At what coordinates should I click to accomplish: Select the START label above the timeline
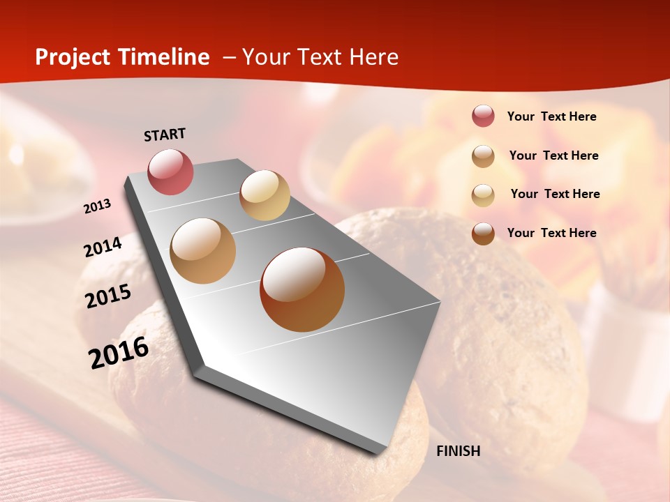pyautogui.click(x=165, y=135)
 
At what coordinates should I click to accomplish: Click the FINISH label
pyautogui.click(x=458, y=451)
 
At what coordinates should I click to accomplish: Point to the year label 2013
pyautogui.click(x=98, y=206)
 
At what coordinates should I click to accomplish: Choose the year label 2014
pyautogui.click(x=103, y=247)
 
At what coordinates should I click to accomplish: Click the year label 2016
pyautogui.click(x=119, y=353)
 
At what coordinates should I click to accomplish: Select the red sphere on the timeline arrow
pyautogui.click(x=170, y=172)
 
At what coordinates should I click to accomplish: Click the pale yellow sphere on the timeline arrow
pyautogui.click(x=265, y=195)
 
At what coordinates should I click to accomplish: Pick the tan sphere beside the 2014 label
pyautogui.click(x=203, y=251)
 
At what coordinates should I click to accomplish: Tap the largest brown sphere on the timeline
pyautogui.click(x=302, y=289)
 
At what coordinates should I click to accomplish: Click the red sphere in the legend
pyautogui.click(x=483, y=116)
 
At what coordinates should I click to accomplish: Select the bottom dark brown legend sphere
pyautogui.click(x=483, y=234)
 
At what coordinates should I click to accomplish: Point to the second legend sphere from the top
pyautogui.click(x=483, y=156)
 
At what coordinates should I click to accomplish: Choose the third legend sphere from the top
pyautogui.click(x=483, y=195)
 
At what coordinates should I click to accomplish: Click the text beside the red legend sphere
pyautogui.click(x=551, y=116)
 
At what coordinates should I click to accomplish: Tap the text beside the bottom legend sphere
pyautogui.click(x=551, y=233)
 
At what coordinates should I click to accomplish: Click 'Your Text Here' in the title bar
pyautogui.click(x=320, y=57)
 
